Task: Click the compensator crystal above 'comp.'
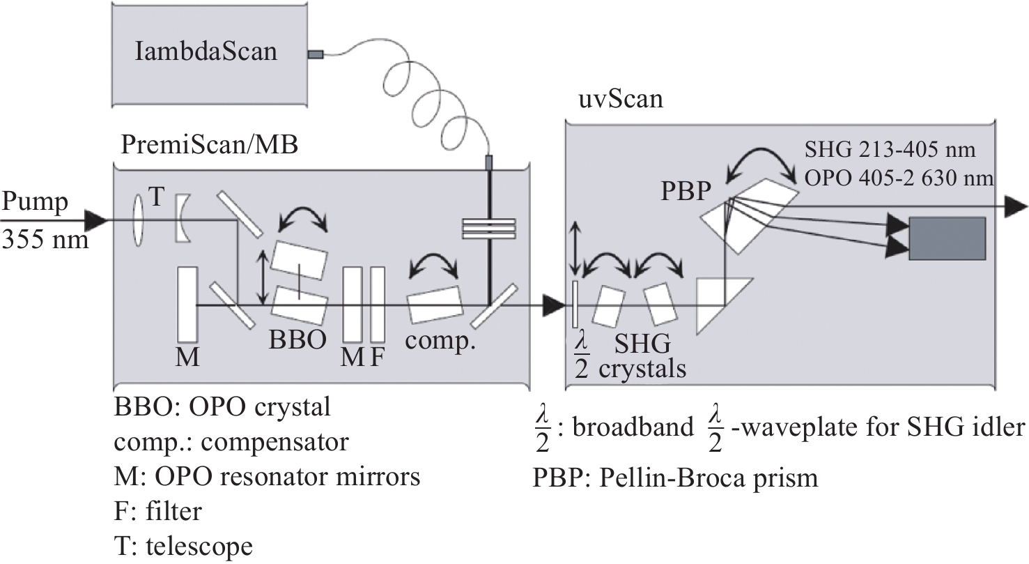click(434, 305)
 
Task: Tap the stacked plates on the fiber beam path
click(488, 229)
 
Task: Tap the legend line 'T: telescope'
click(183, 546)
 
